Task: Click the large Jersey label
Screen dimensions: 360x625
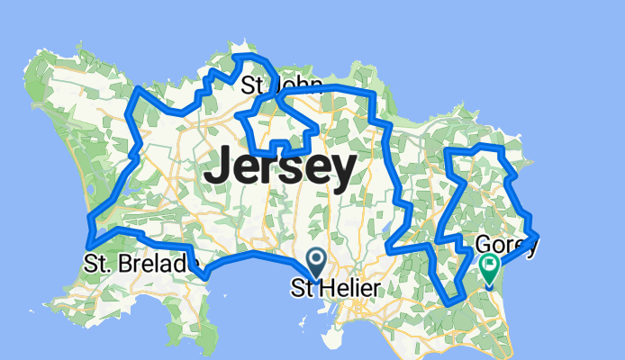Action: pyautogui.click(x=279, y=169)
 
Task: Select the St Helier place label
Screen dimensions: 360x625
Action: pyautogui.click(x=335, y=288)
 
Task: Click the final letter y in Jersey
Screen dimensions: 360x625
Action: pyautogui.click(x=342, y=173)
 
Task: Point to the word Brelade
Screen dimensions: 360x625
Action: pyautogui.click(x=157, y=265)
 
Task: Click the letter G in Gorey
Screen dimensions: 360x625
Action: pyautogui.click(x=482, y=246)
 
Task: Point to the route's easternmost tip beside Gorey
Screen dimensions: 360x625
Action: pyautogui.click(x=537, y=236)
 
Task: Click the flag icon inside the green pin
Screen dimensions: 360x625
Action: pyautogui.click(x=489, y=265)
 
